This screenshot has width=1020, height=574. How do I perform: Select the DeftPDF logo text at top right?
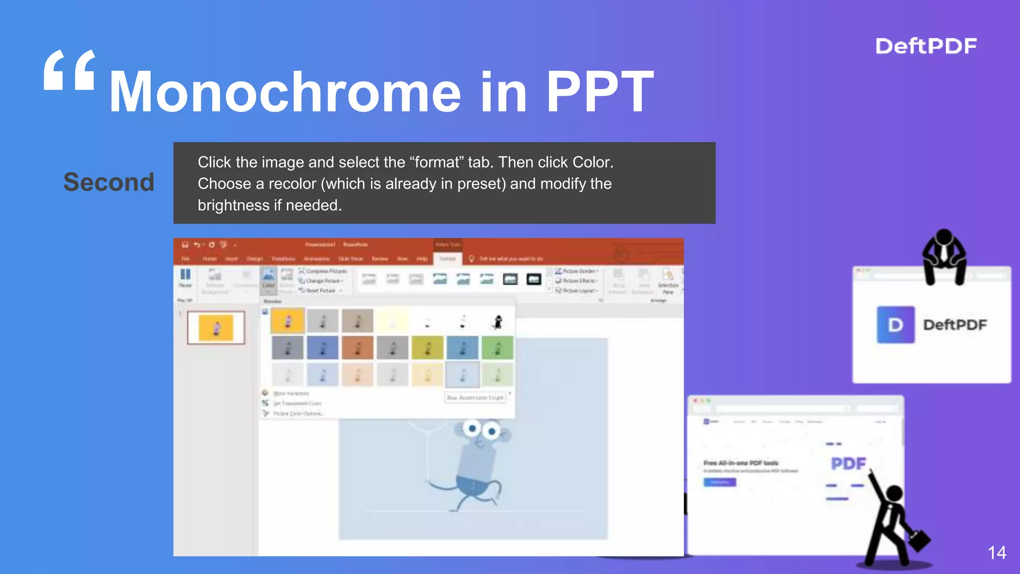point(926,46)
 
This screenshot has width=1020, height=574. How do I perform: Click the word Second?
point(109,182)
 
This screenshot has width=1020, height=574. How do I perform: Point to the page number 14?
point(997,553)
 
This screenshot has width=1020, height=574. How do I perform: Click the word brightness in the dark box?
point(234,205)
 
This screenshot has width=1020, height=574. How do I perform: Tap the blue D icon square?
point(895,325)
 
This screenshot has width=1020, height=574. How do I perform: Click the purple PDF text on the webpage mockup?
point(848,464)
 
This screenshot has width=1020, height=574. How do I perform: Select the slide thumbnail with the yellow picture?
point(216,328)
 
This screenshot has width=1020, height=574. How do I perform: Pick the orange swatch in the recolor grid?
point(357,348)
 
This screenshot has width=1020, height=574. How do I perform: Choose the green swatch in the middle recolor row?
point(497,348)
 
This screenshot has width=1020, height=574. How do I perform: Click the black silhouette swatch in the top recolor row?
point(497,321)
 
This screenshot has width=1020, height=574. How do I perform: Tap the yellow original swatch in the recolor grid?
point(287,321)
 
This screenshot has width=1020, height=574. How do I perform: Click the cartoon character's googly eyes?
point(482,429)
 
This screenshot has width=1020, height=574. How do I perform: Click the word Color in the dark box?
point(592,162)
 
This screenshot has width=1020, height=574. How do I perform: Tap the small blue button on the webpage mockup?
point(719,482)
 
